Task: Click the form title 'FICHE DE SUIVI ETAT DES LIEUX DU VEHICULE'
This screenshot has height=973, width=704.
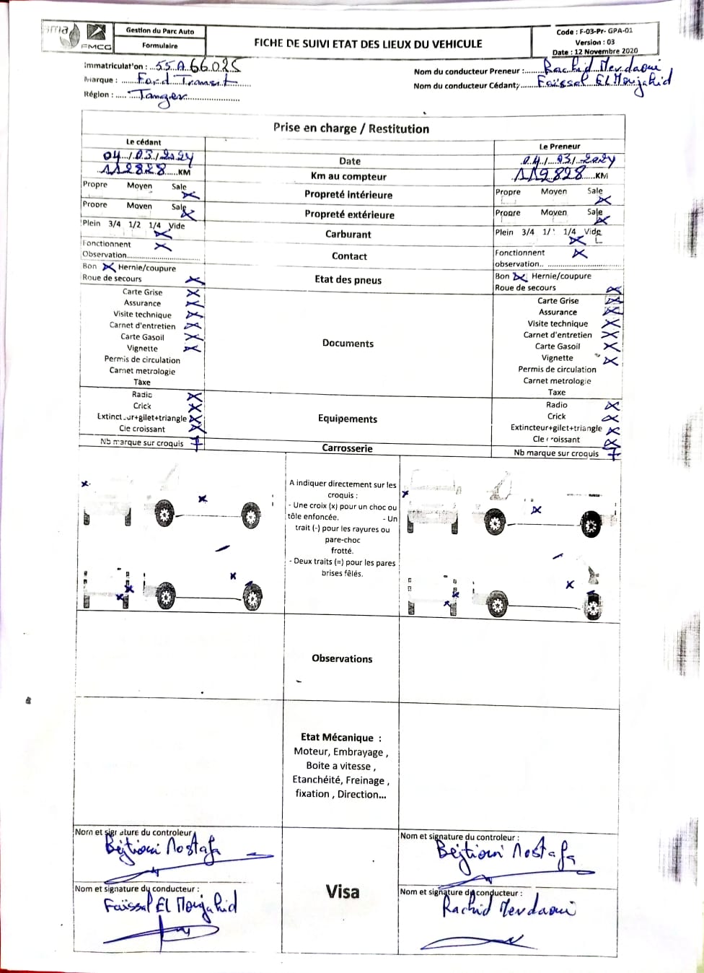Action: tap(368, 43)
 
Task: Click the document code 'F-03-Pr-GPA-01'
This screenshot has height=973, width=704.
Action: tap(605, 32)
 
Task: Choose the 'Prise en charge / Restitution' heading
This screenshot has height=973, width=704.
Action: tap(351, 128)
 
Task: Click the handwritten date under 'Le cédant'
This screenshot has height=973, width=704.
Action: tap(147, 156)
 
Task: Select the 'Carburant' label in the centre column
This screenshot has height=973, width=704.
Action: tap(348, 234)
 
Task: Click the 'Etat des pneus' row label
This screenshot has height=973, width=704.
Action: tap(348, 280)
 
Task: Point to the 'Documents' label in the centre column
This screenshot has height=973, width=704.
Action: tap(348, 344)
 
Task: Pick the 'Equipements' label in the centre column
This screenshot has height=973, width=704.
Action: tap(347, 419)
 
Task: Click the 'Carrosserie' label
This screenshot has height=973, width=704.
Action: tap(347, 448)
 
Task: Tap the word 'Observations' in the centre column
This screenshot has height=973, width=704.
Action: tap(342, 658)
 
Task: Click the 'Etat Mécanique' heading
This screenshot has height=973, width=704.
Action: tap(337, 737)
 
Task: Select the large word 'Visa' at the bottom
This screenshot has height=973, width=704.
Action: tap(342, 891)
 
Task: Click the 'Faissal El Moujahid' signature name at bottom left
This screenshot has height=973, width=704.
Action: tap(170, 905)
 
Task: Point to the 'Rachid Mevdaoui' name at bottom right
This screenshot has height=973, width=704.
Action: tap(508, 909)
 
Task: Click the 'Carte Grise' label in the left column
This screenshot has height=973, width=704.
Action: tap(142, 292)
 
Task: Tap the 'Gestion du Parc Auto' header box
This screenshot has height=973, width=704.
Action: tap(159, 31)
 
